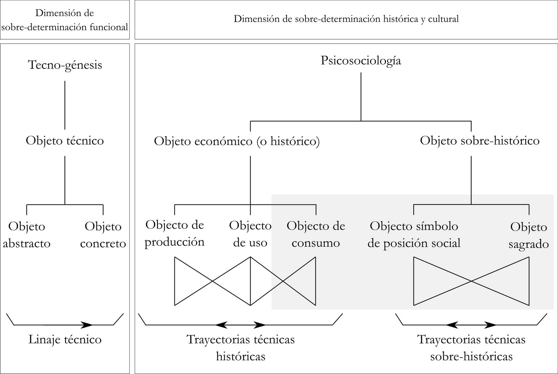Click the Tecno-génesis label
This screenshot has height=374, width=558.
tap(65, 65)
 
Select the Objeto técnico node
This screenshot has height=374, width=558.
tap(65, 141)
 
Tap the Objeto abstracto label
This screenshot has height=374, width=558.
tap(27, 235)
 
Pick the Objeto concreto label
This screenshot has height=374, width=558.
tap(103, 235)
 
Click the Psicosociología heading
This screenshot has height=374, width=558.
tap(361, 61)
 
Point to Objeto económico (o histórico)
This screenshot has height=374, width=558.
tap(237, 141)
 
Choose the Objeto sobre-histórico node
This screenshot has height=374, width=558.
tap(479, 141)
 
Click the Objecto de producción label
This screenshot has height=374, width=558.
tap(175, 233)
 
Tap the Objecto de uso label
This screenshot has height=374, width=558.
tap(250, 234)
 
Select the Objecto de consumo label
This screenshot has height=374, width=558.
tap(316, 234)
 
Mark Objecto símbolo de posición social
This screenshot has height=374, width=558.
tap(414, 235)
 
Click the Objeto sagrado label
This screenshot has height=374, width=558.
tap(528, 235)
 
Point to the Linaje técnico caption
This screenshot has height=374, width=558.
tap(65, 339)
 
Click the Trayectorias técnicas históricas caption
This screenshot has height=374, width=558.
tap(241, 348)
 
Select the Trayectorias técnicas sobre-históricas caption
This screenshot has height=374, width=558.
tap(471, 348)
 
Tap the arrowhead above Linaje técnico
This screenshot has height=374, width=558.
tap(87, 325)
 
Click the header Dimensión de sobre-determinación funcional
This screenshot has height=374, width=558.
tap(65, 20)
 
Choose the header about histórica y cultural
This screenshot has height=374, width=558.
tap(346, 19)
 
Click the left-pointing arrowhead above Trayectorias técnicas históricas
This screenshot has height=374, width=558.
tap(221, 325)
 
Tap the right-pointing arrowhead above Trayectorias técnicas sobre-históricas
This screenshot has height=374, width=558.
tap(490, 325)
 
